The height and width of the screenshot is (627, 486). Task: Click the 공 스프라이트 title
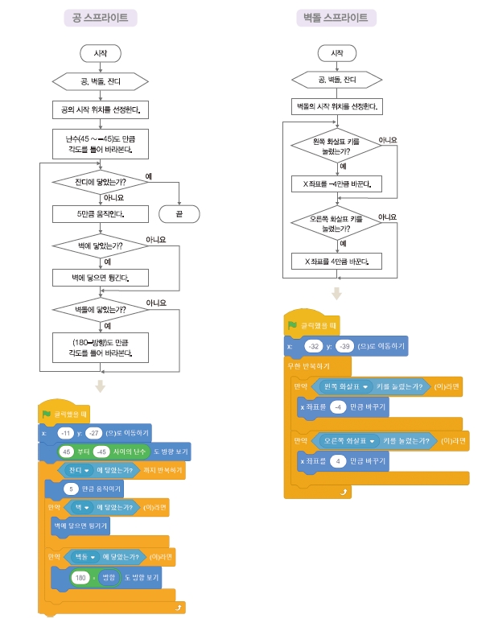(100, 17)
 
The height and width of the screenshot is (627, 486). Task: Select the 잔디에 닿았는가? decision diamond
(100, 182)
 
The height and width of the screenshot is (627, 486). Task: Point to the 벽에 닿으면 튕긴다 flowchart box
(100, 278)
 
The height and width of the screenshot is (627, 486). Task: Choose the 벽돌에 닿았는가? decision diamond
(100, 309)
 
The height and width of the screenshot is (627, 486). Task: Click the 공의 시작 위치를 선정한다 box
(100, 109)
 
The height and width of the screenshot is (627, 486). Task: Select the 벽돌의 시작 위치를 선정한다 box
(336, 105)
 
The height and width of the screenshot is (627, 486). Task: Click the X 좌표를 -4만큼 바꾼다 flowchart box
(336, 184)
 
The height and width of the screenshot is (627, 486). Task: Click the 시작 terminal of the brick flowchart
(336, 52)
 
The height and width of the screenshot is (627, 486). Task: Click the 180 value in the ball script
(80, 578)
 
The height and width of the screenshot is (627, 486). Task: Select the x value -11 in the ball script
(67, 432)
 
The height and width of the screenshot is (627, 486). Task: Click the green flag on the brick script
(293, 325)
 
